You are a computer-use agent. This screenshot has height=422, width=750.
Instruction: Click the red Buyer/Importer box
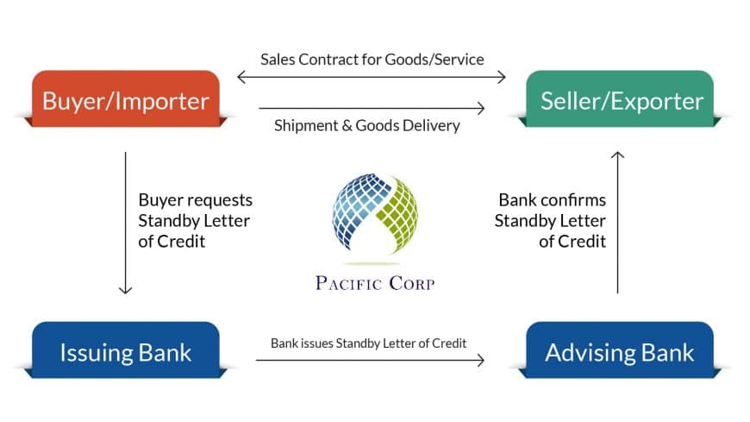[x=125, y=100]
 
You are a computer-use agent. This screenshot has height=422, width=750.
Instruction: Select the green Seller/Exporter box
[x=622, y=100]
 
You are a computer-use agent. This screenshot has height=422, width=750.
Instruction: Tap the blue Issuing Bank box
[x=125, y=351]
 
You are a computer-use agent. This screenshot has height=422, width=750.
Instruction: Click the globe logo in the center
[x=374, y=216]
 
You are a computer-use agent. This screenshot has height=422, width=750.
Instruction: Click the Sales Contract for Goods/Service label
[x=372, y=60]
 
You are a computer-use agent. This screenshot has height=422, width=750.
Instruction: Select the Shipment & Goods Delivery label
[x=366, y=125]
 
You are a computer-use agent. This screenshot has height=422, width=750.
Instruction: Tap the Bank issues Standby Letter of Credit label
[x=368, y=343]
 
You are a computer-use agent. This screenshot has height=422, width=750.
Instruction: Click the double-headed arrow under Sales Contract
[x=372, y=78]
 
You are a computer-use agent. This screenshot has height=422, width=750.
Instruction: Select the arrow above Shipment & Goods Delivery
[x=372, y=108]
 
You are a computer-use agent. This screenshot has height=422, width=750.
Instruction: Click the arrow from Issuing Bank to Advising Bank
[x=371, y=360]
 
